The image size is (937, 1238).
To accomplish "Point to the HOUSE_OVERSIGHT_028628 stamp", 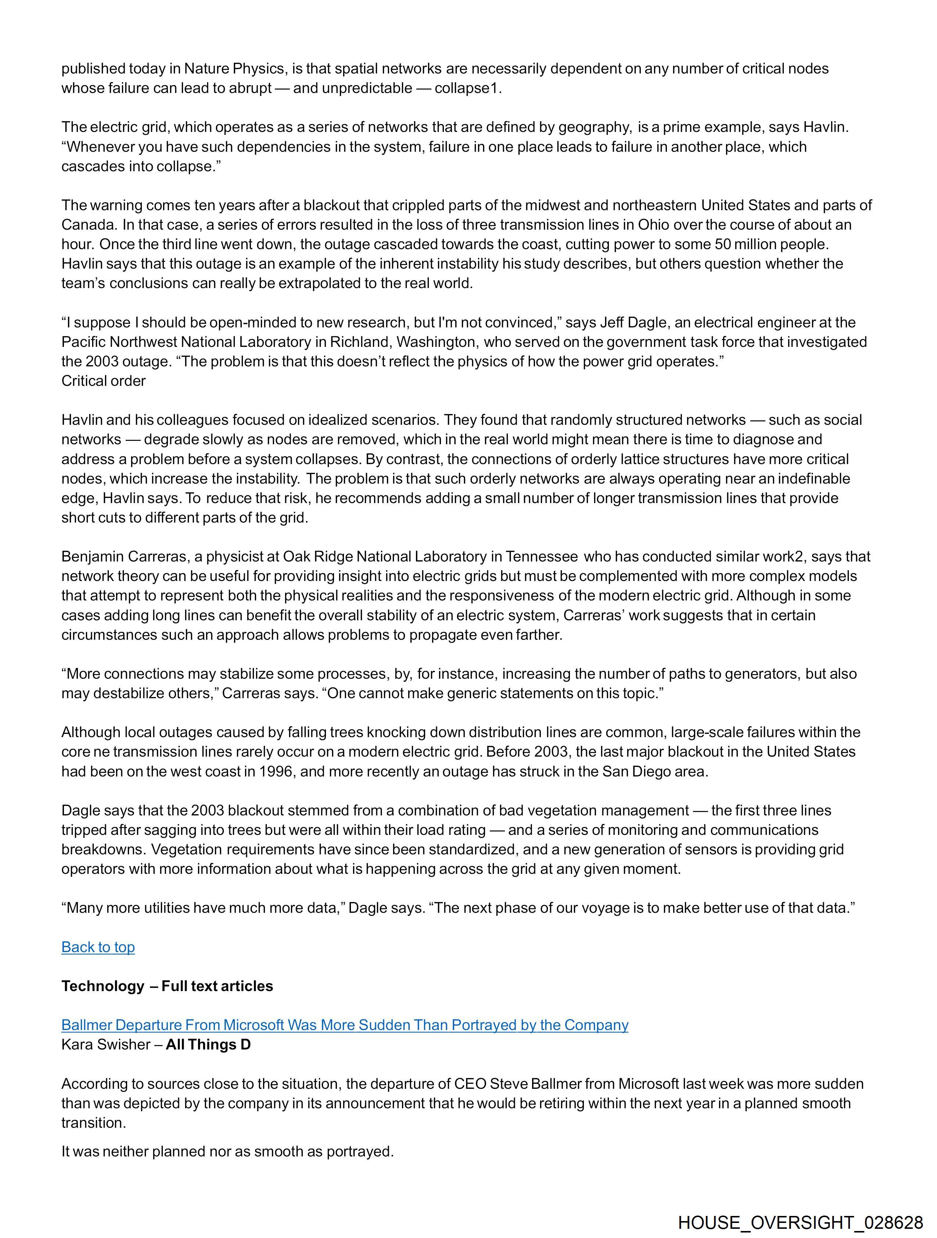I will [800, 1222].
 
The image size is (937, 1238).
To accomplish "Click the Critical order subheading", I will [104, 381].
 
